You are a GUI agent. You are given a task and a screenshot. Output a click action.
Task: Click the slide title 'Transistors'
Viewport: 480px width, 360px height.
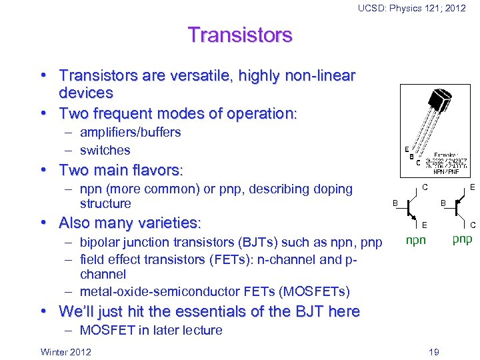pos(240,35)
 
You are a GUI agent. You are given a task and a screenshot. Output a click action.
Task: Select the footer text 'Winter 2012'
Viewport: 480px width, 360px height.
pos(66,351)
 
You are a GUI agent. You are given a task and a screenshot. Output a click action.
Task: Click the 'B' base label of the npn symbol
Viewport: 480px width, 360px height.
pos(395,203)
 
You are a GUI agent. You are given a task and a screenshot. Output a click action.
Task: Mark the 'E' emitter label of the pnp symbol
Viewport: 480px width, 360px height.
pos(472,188)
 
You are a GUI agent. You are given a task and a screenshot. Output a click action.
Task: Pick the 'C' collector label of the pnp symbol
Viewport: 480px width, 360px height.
pos(472,225)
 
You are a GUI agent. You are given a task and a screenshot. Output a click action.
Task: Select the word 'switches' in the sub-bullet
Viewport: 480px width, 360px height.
pos(105,150)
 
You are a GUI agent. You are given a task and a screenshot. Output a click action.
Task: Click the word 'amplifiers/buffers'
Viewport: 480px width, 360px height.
pos(130,132)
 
